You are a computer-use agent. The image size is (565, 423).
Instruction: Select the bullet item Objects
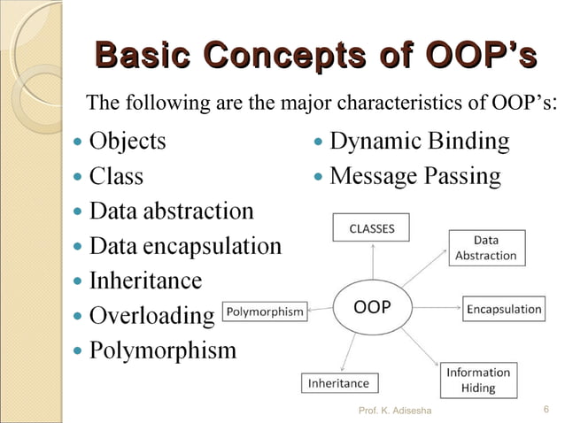point(128,141)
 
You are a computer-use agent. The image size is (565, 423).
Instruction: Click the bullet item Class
point(116,176)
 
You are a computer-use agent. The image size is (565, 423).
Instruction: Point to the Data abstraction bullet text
point(172,211)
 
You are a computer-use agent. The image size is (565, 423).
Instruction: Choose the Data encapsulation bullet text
point(186,246)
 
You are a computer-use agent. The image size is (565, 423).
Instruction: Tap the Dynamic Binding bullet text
point(419,141)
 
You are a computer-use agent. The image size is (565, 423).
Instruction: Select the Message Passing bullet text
point(414,176)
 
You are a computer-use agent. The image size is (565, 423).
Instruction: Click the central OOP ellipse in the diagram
point(373,308)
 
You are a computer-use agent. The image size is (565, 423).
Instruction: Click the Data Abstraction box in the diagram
point(485,248)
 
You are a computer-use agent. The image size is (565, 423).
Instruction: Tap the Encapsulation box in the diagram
point(504,309)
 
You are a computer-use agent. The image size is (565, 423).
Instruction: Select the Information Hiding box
point(478,380)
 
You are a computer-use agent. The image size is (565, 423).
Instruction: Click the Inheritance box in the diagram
point(337,383)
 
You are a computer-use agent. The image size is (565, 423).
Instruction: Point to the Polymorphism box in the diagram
point(266,311)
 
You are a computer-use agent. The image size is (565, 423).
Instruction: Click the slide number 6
point(546,409)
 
